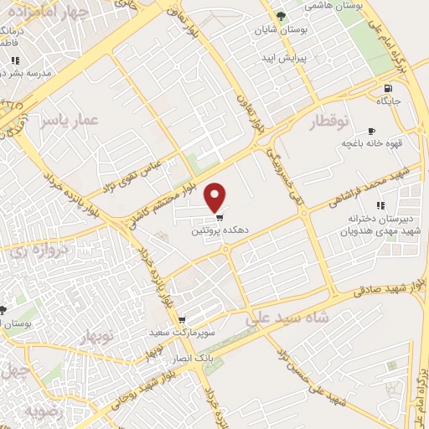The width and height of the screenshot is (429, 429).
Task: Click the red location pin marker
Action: click(216, 197)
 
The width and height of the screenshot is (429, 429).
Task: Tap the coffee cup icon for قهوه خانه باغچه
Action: click(372, 132)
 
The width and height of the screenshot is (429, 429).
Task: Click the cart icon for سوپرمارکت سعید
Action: click(181, 320)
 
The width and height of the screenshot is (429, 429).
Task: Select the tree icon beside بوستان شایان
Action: click(281, 16)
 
